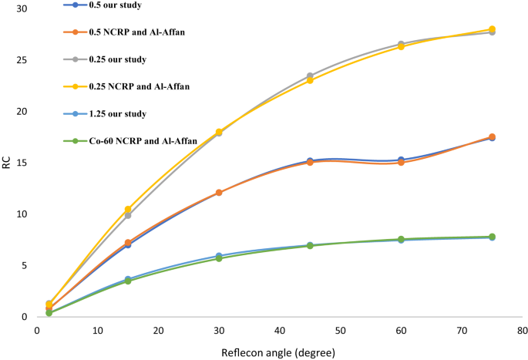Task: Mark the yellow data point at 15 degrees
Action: [128, 210]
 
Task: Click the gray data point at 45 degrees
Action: [310, 76]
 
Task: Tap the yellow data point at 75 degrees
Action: [492, 29]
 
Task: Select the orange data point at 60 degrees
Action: [401, 163]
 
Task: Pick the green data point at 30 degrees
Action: [219, 258]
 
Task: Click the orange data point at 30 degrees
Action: [219, 193]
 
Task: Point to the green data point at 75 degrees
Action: [492, 237]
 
